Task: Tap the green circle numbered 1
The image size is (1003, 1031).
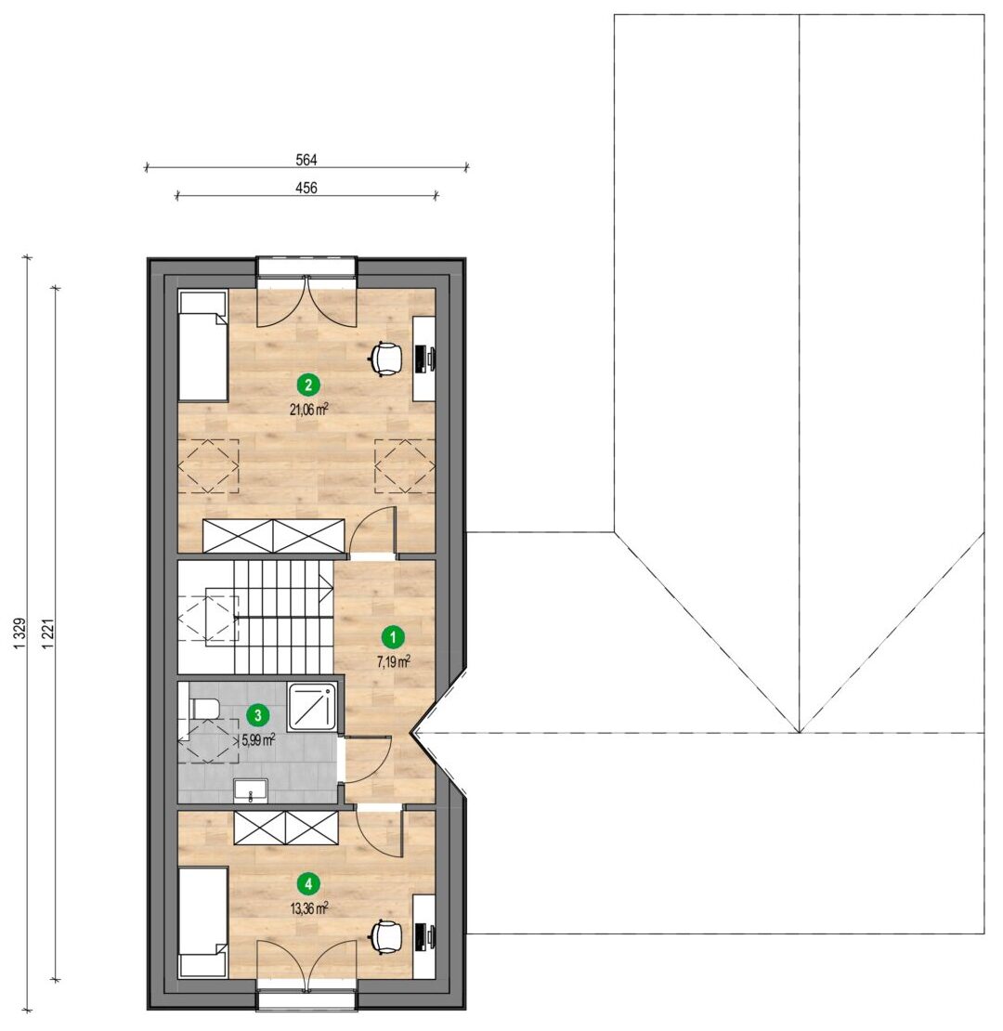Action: tap(393, 636)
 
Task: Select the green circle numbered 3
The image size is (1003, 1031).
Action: tap(257, 714)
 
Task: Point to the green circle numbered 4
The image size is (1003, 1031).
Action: tap(308, 884)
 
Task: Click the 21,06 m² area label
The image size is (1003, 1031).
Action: tap(309, 410)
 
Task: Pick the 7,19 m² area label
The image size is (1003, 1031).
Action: tap(394, 661)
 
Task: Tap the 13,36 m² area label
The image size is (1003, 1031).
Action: tap(309, 909)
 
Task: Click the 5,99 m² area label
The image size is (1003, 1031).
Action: tap(258, 739)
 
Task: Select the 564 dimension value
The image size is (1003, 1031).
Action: tap(306, 160)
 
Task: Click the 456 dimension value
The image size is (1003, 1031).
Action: tap(306, 188)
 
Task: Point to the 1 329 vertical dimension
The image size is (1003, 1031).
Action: tap(20, 634)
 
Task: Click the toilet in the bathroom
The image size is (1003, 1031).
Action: tap(203, 709)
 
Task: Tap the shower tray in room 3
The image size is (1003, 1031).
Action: tap(313, 707)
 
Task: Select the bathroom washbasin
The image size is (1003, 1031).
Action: tap(251, 790)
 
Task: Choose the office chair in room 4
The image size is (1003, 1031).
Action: tap(385, 936)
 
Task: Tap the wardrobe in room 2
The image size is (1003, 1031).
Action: tap(273, 536)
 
